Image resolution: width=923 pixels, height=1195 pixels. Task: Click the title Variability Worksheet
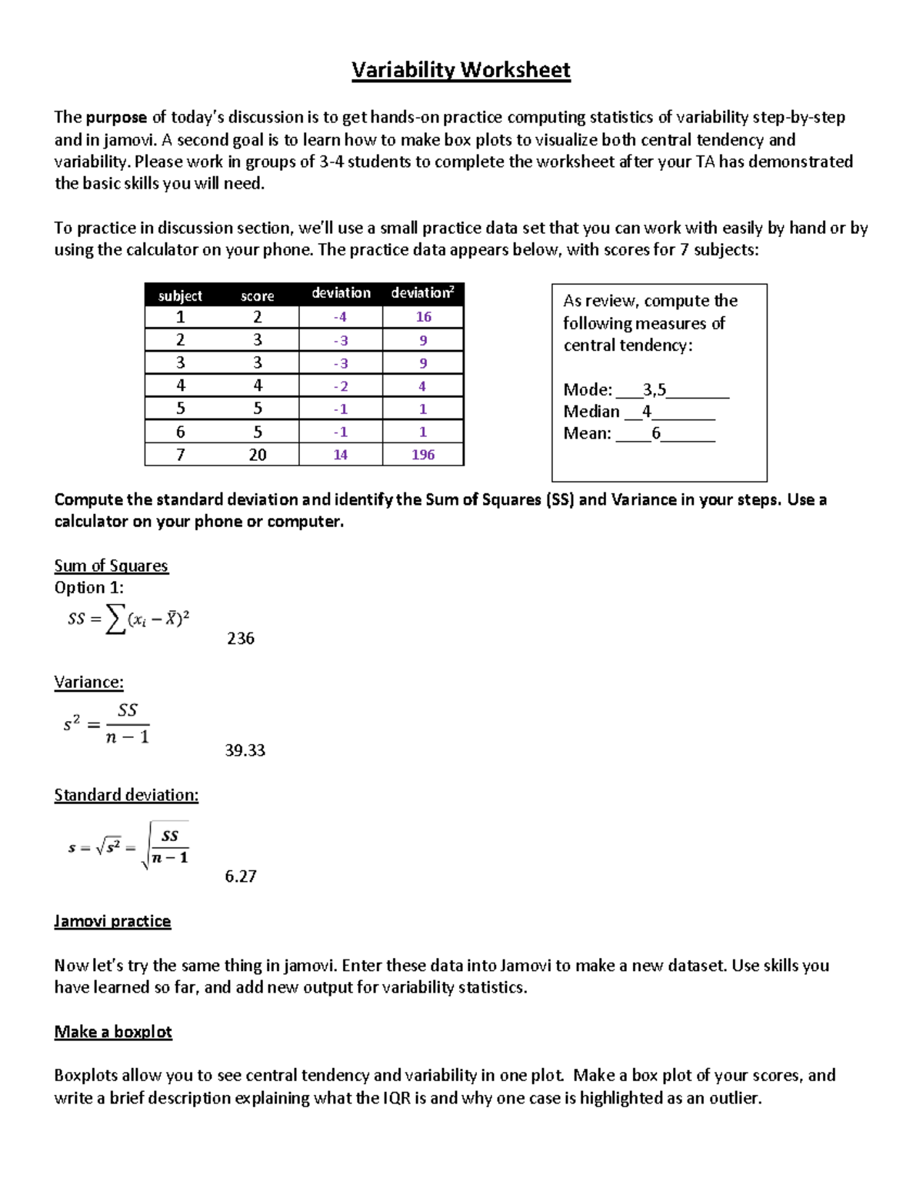tap(461, 70)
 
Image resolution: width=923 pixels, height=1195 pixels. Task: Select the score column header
tap(257, 296)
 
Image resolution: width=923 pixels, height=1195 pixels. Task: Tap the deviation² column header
tap(422, 293)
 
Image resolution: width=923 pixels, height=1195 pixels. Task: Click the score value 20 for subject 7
tap(257, 455)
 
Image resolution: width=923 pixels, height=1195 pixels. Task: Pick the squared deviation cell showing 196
tap(423, 455)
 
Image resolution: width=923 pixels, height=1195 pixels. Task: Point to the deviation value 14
tap(340, 455)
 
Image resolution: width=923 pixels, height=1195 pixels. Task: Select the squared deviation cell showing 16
tap(423, 317)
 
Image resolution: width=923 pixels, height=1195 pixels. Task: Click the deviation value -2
tap(340, 386)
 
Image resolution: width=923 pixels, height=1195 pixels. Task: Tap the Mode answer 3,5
tap(655, 390)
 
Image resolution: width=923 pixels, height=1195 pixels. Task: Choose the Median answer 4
tap(647, 412)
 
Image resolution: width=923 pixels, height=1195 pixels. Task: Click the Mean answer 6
tap(656, 433)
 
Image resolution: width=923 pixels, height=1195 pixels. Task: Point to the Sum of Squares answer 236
tap(241, 639)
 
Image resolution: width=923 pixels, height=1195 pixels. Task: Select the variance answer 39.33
tap(245, 750)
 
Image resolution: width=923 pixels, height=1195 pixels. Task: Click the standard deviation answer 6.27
tap(241, 876)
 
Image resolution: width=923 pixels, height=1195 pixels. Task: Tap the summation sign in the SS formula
tap(115, 619)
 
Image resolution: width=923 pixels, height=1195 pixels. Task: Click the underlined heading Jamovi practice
tap(112, 921)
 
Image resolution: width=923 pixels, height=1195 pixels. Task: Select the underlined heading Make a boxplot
tap(113, 1032)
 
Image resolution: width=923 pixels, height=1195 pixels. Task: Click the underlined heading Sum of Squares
tap(111, 566)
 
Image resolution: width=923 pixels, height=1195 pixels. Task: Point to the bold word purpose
tap(116, 118)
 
